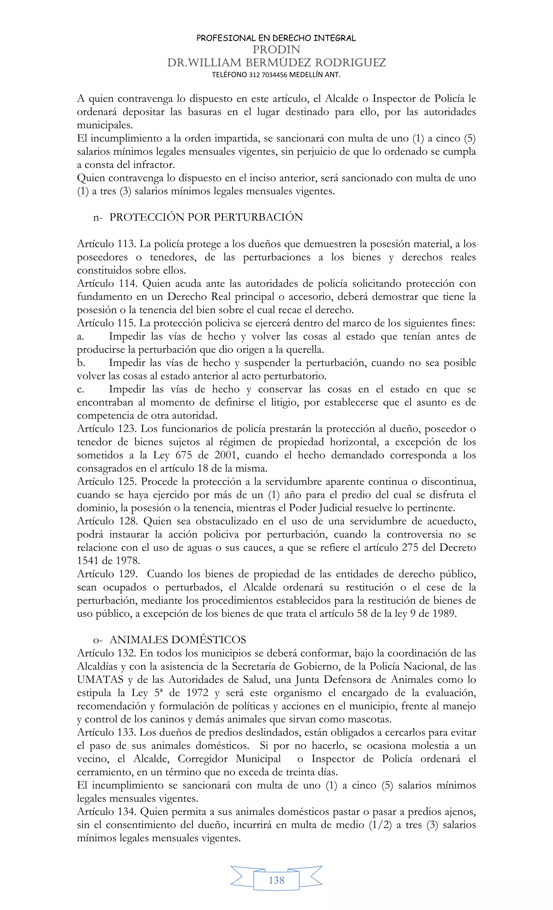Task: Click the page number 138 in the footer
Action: tap(276, 880)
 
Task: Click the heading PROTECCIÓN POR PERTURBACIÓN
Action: tap(206, 217)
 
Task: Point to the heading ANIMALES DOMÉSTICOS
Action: tap(177, 640)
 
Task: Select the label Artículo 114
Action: tap(107, 283)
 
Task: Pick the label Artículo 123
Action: tap(107, 429)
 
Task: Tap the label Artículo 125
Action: tap(107, 482)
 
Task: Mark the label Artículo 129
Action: tap(107, 574)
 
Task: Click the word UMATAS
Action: tap(100, 680)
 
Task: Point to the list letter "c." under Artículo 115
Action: tap(80, 389)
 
